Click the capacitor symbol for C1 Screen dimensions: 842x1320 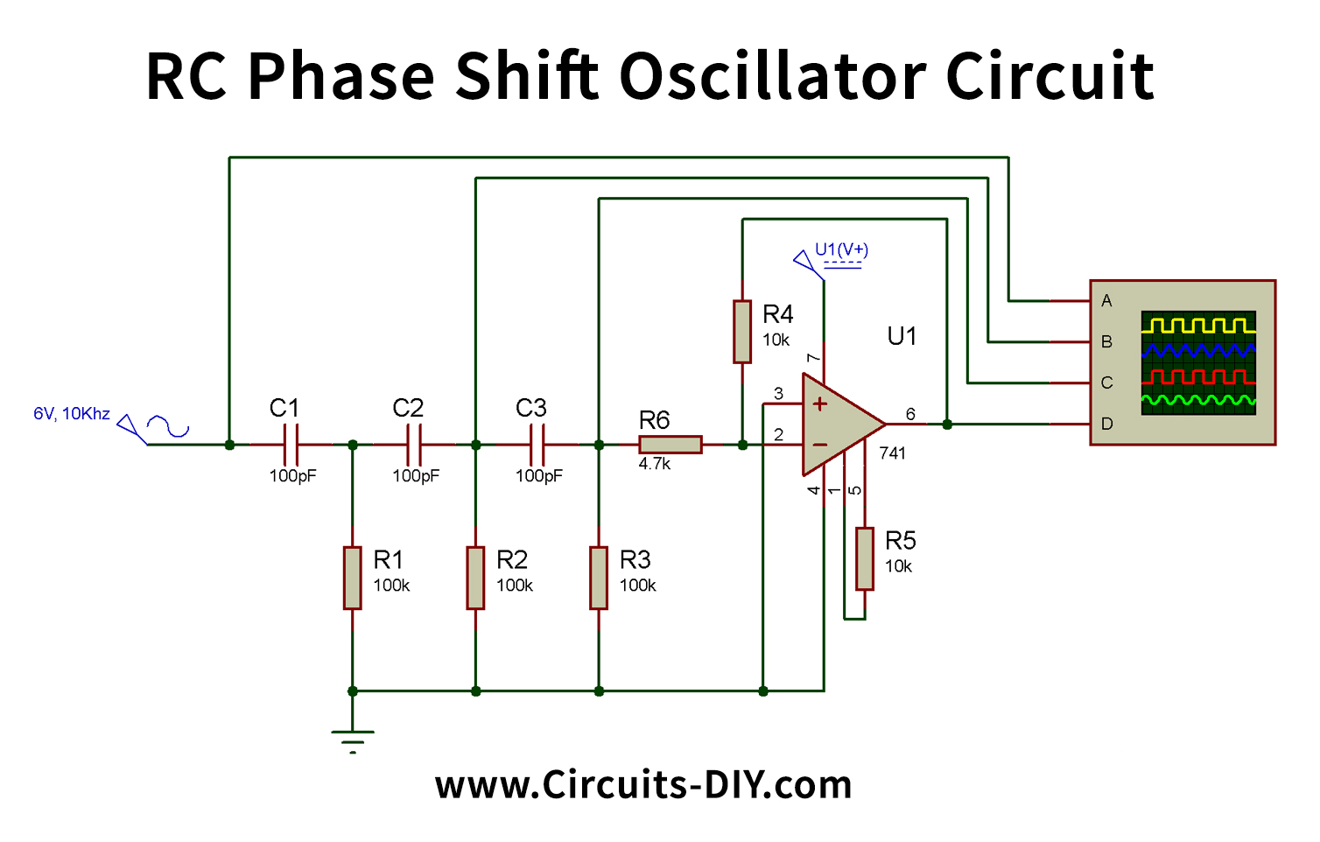[291, 445]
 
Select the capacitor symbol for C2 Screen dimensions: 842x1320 [414, 445]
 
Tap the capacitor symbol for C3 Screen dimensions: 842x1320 [537, 445]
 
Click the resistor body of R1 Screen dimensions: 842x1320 [352, 578]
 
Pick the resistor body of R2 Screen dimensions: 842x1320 [475, 578]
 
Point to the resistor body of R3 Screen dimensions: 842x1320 [599, 578]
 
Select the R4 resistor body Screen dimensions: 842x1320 [742, 331]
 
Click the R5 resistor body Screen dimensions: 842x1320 [865, 558]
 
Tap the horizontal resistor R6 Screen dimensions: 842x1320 [670, 445]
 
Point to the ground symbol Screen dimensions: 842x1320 [352, 740]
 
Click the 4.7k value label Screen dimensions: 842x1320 [654, 464]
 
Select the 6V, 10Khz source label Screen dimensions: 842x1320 [72, 414]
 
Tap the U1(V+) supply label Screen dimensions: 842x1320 [841, 249]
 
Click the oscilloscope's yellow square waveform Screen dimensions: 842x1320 [1198, 326]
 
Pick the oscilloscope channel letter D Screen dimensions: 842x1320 [1106, 425]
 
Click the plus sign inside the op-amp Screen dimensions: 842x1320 [820, 403]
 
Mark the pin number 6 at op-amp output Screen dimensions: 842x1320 [910, 414]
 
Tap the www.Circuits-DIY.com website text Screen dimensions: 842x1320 [643, 785]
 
